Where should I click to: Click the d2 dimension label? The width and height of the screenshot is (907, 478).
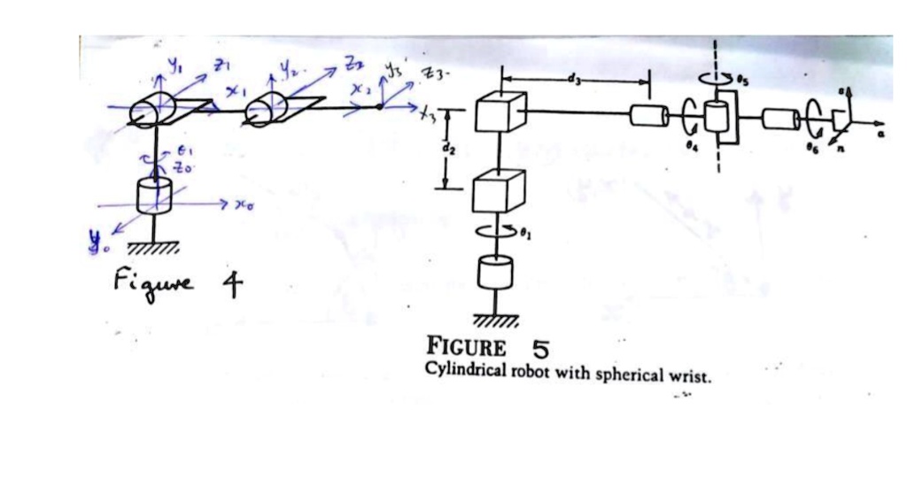(x=448, y=150)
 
